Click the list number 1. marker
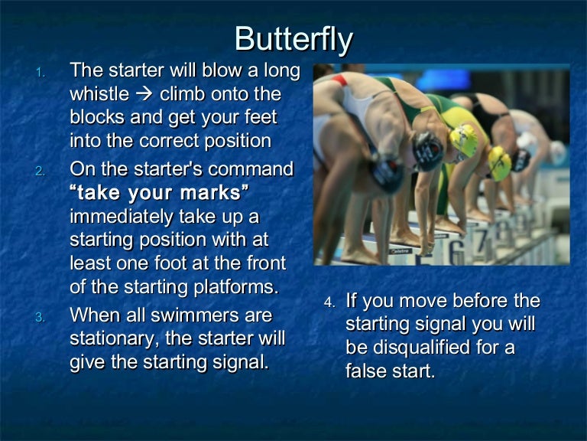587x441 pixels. click(x=41, y=73)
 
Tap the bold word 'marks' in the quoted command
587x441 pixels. click(x=213, y=191)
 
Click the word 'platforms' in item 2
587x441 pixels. click(x=238, y=287)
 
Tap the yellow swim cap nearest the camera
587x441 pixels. click(x=463, y=139)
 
